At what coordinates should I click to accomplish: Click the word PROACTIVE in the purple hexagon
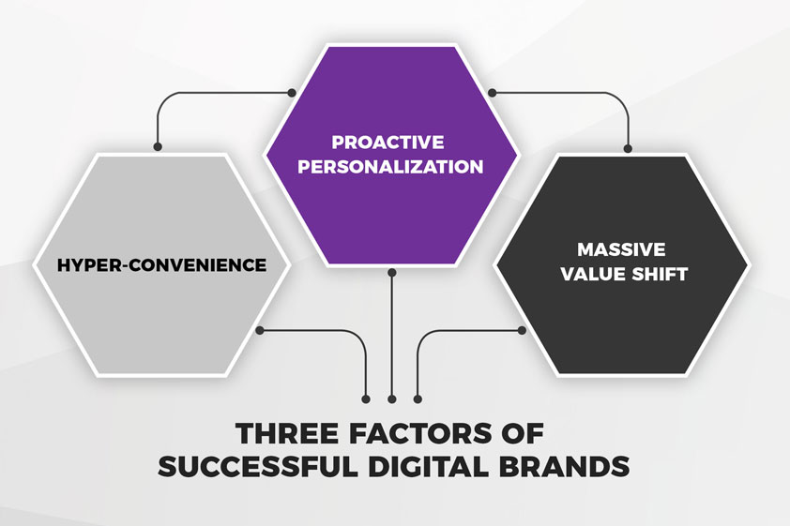coord(387,143)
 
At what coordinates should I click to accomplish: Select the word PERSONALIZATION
coord(390,167)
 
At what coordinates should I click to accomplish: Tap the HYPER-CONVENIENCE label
coord(161,264)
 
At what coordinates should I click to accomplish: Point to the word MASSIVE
coord(621,249)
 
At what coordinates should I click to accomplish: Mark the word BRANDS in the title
coord(564,467)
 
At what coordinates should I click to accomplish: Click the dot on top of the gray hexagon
coord(158,147)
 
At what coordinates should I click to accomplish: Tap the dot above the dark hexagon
coord(628,148)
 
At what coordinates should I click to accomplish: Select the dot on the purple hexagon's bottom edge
coord(392,272)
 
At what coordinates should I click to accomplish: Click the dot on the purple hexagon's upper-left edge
coord(291,93)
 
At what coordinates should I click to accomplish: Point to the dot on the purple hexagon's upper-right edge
coord(493,93)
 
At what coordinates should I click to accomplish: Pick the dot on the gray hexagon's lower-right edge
coord(260,330)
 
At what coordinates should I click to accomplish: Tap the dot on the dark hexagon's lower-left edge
coord(522,330)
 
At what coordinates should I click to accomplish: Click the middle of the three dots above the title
coord(392,399)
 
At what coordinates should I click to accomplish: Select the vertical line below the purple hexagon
coord(392,336)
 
